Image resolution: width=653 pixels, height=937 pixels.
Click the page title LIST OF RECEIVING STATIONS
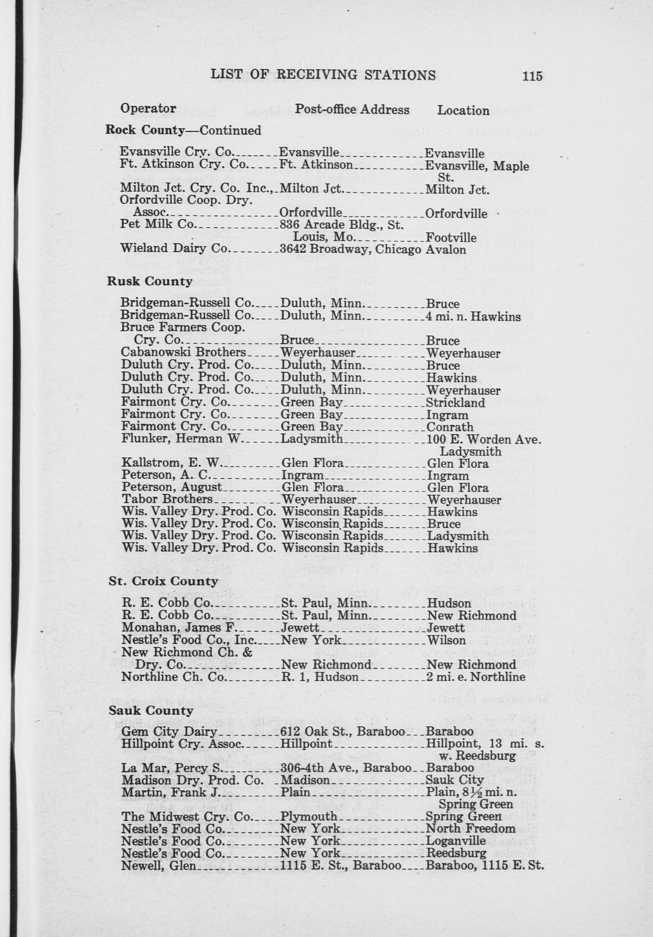[x=323, y=75]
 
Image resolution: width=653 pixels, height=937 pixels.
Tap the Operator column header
[x=148, y=108]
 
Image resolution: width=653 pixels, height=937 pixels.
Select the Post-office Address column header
[x=352, y=109]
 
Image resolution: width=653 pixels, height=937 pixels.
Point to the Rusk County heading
[x=150, y=282]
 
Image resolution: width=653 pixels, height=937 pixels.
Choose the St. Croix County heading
[x=163, y=581]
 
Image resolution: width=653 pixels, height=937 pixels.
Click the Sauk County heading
[x=151, y=711]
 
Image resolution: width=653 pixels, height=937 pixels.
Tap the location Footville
[x=450, y=238]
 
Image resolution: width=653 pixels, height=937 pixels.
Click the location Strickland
[x=455, y=403]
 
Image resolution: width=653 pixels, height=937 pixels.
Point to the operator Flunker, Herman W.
[x=182, y=439]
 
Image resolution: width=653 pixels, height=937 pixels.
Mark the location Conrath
[x=450, y=427]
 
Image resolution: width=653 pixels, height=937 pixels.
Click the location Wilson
[x=446, y=640]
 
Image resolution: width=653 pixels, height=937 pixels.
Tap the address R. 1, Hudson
[x=320, y=677]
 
